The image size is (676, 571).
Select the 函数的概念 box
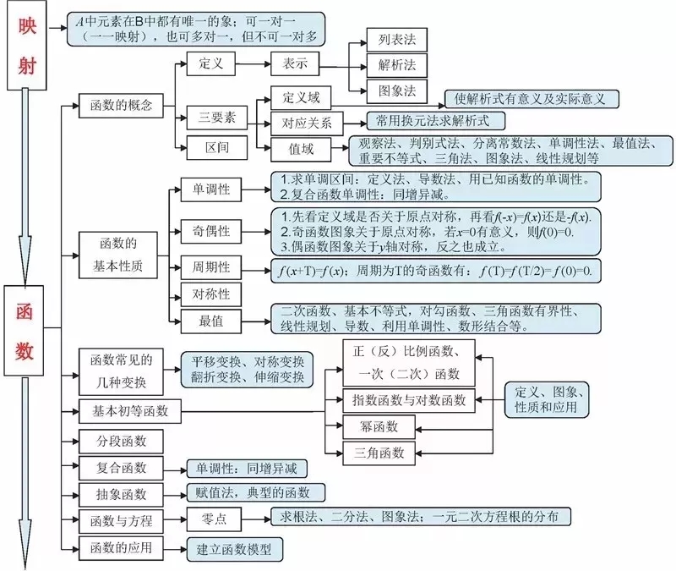tap(121, 106)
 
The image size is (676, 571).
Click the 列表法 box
tap(396, 39)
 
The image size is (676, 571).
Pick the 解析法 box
tap(396, 65)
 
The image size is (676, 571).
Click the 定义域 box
tap(299, 97)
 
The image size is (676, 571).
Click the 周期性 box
tap(211, 267)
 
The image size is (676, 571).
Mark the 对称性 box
tap(211, 294)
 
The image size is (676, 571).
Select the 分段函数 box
tap(123, 441)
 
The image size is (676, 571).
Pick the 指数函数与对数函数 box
tap(409, 399)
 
